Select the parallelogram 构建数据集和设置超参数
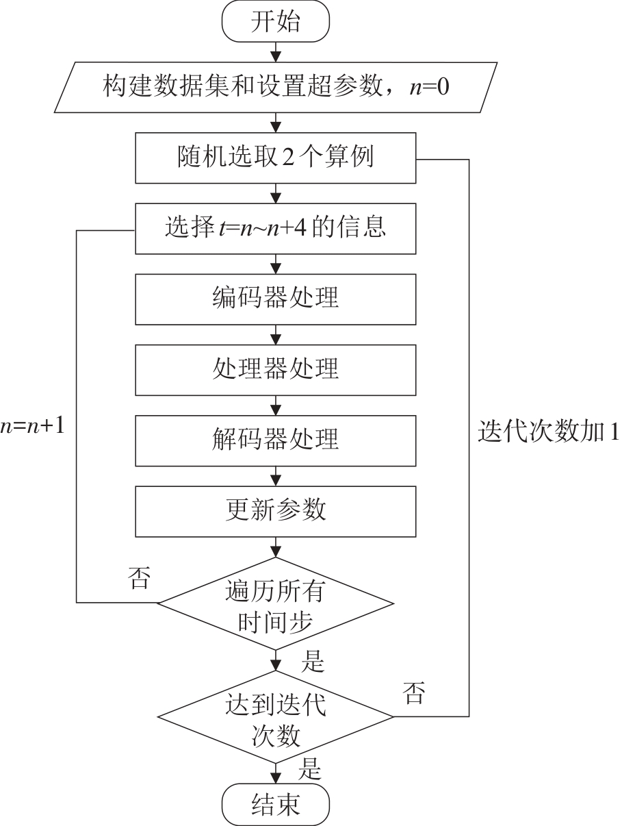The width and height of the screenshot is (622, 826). pos(276,88)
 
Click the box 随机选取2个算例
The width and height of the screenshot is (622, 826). pos(276,159)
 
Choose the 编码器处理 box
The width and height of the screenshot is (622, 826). pos(276,299)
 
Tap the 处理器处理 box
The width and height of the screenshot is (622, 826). pos(276,370)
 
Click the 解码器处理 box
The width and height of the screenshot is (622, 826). pos(276,440)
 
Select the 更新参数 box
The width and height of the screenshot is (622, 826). pos(276,510)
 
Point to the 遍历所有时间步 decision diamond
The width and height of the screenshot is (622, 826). pos(276,603)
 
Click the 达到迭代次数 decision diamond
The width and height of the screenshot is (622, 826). pos(276,716)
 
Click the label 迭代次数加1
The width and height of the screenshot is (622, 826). pos(547,432)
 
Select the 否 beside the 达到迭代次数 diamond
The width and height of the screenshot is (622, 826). pos(413,693)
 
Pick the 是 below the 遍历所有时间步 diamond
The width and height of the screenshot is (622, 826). pos(312,662)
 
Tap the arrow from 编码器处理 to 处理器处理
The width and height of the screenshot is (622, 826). pos(276,335)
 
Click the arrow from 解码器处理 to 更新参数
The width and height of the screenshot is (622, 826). pos(276,475)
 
